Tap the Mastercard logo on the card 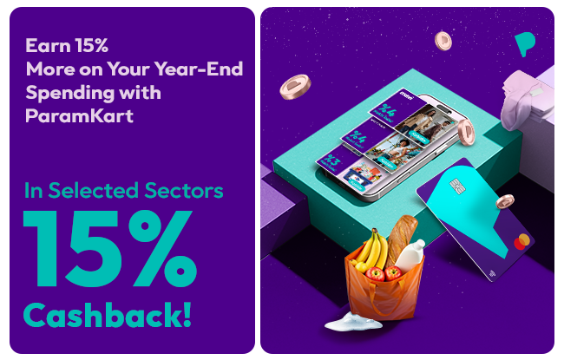click(x=521, y=242)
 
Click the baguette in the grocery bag click(x=401, y=239)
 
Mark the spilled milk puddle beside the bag click(x=351, y=324)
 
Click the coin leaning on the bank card click(x=505, y=201)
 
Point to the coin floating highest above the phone click(x=443, y=40)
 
